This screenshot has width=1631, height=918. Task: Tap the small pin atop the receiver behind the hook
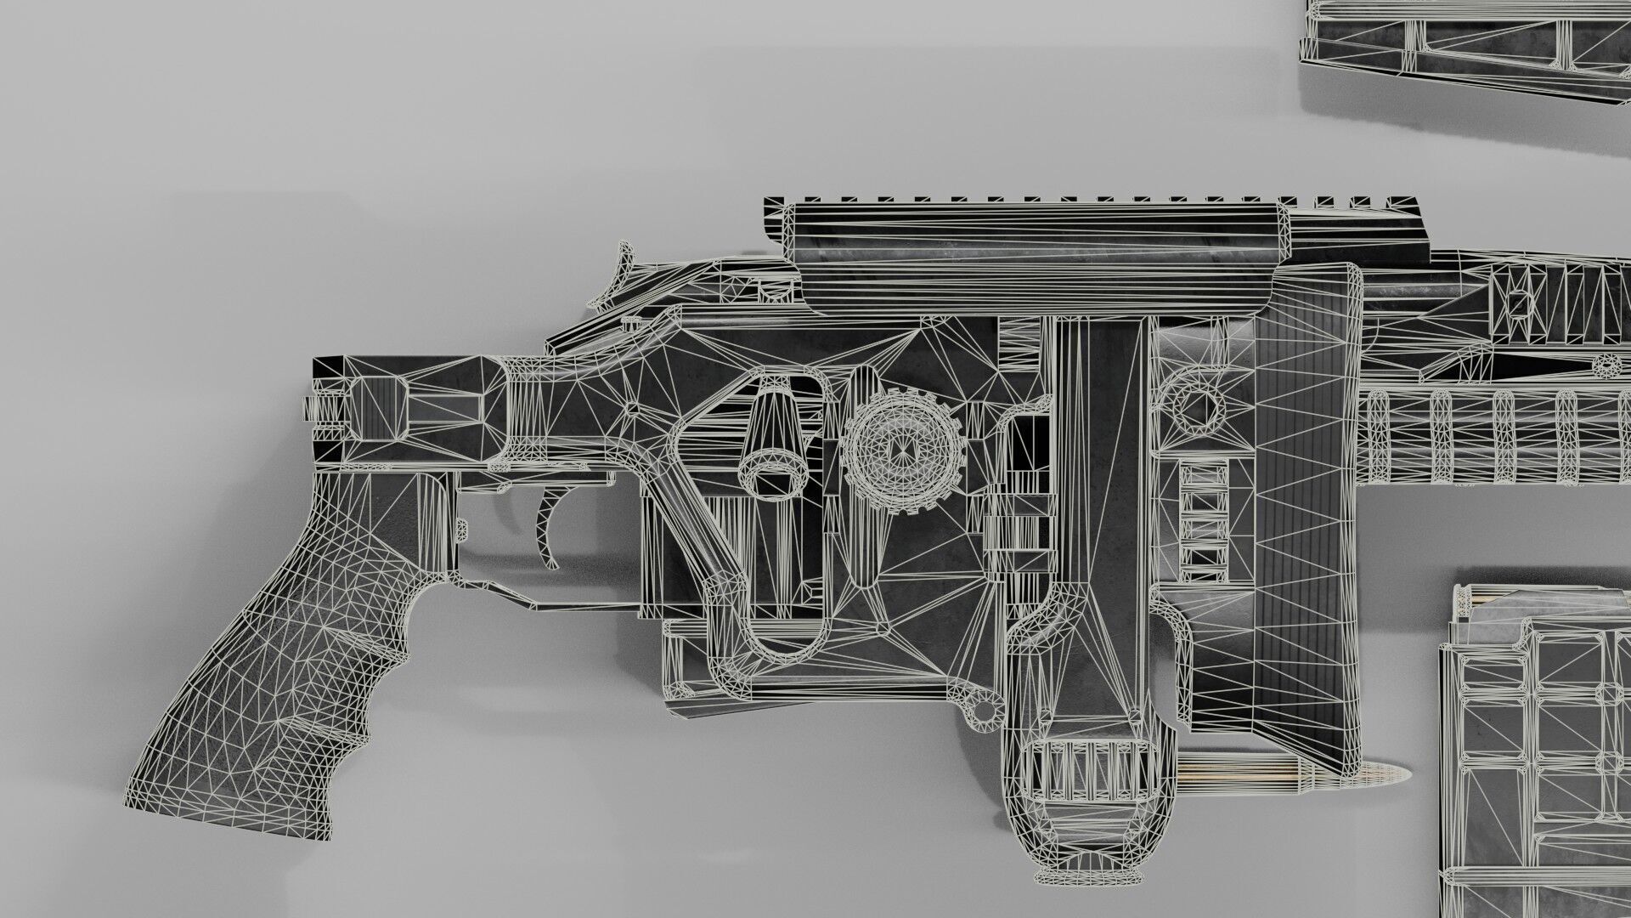click(630, 323)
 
